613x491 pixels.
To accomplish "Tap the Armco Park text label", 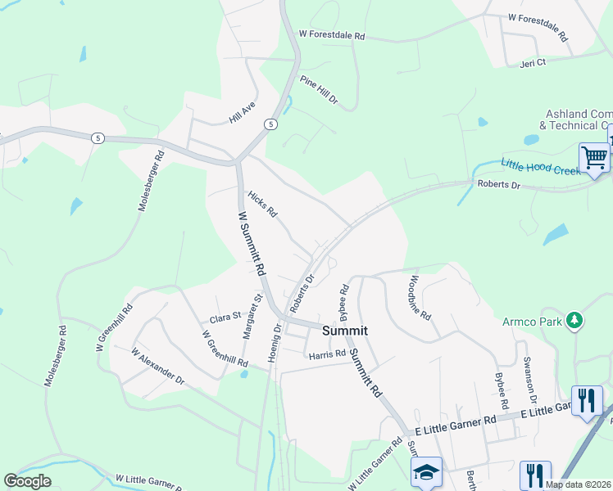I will (x=534, y=321).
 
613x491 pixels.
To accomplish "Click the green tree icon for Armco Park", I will (x=576, y=320).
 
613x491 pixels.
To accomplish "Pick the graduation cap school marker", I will (x=426, y=472).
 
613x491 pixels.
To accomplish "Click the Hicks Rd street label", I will (x=263, y=205).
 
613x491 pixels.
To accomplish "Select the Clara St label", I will (x=225, y=318).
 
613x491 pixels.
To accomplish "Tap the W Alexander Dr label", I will (x=158, y=366).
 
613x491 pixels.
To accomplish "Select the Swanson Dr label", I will (x=530, y=381).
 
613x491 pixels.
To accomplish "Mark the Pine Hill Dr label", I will (x=319, y=90).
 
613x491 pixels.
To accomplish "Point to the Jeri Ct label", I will (x=533, y=62).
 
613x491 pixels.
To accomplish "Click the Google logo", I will (x=28, y=480).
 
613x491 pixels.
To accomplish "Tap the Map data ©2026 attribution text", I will (x=578, y=484).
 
